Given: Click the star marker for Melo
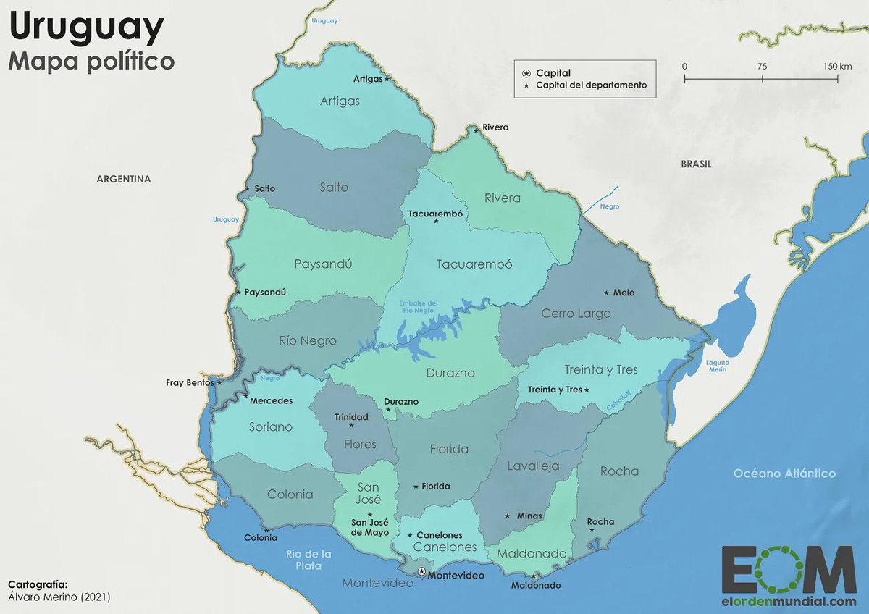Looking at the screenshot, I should (606, 293).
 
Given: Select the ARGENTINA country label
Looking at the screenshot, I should (124, 179).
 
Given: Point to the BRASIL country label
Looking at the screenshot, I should (696, 164).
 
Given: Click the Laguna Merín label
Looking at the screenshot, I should (718, 366).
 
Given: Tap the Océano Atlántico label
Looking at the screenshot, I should (784, 474).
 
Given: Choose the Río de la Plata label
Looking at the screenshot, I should (309, 560).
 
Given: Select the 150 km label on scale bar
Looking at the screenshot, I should (837, 66).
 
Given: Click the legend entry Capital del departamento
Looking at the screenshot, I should (591, 85).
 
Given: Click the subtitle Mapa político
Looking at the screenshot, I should (91, 62).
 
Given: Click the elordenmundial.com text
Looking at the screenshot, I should (789, 601).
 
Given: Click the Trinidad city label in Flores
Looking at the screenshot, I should (351, 416).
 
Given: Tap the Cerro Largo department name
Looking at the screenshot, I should (576, 314).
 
